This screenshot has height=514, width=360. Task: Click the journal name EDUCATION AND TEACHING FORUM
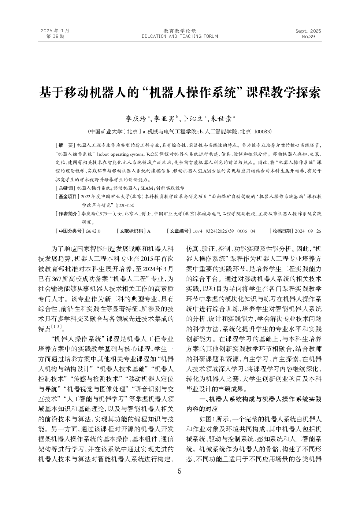pyautogui.click(x=179, y=36)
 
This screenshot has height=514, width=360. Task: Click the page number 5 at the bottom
pyautogui.click(x=179, y=472)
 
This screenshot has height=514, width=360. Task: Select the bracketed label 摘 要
pyautogui.click(x=65, y=145)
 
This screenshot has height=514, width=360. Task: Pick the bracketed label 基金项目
pyautogui.click(x=67, y=197)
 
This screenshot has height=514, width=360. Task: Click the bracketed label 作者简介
pyautogui.click(x=67, y=214)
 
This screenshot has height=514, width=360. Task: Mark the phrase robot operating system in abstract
pyautogui.click(x=112, y=154)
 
